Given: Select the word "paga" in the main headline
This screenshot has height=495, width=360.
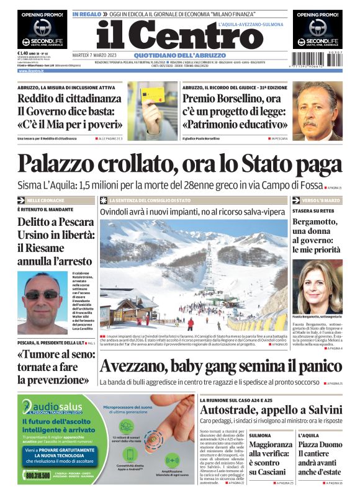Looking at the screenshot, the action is pos(318,163).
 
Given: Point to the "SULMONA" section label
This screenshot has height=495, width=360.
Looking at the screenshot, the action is pos(260,435).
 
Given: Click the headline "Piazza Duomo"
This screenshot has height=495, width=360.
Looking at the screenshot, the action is pos(320,445).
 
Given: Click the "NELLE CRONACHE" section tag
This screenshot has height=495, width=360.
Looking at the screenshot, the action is pos(47,200).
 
